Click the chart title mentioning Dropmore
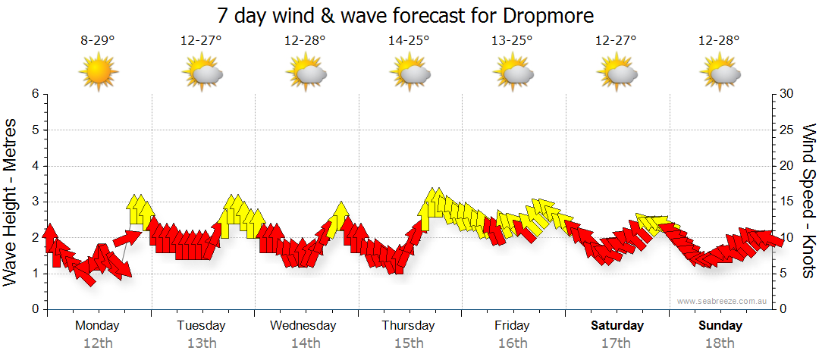(405, 15)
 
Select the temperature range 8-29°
(98, 41)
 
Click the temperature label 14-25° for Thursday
(409, 41)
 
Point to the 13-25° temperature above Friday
(513, 41)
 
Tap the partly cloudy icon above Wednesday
(306, 74)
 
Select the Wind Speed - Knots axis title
(808, 201)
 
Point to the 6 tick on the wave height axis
(35, 94)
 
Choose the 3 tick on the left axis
(35, 202)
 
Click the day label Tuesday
(201, 326)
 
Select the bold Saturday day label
(617, 326)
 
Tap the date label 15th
(409, 343)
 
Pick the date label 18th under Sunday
(720, 343)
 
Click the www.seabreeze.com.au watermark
(723, 301)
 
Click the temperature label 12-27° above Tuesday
(201, 41)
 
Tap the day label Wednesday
(303, 326)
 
